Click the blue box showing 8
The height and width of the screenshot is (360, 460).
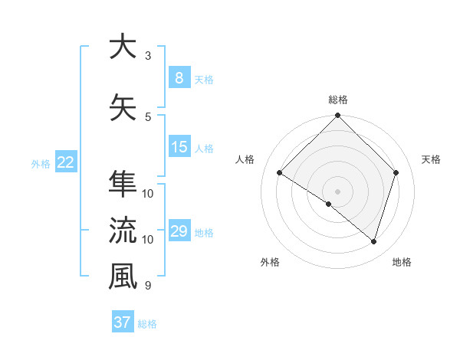[179, 77]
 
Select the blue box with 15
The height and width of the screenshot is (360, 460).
[179, 147]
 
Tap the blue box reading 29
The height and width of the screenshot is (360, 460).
[179, 231]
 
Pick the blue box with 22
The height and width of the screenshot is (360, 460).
[65, 162]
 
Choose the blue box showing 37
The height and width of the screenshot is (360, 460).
[122, 322]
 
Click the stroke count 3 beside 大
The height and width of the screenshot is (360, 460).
[148, 55]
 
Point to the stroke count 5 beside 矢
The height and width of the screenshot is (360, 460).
[148, 116]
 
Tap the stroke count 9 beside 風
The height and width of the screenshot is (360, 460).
[148, 286]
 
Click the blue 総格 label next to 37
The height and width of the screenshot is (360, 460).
[147, 324]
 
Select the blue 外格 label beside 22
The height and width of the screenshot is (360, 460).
[41, 163]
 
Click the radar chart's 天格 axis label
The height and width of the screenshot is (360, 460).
[432, 159]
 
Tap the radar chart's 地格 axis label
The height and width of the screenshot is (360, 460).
[402, 262]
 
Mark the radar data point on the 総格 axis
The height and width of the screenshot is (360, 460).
[337, 116]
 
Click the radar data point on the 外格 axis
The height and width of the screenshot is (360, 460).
[328, 204]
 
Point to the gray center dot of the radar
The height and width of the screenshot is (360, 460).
[337, 190]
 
